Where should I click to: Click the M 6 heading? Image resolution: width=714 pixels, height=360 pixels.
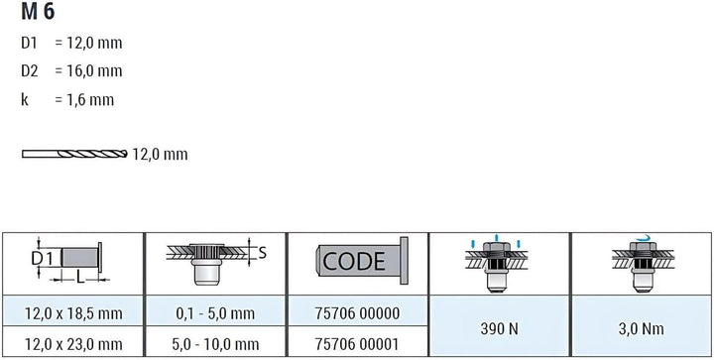pos(38,11)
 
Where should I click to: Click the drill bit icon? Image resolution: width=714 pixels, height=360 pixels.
pos(74,154)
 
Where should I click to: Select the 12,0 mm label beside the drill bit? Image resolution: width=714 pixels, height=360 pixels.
pos(160,155)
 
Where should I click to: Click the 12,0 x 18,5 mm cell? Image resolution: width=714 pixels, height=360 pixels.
pos(73,313)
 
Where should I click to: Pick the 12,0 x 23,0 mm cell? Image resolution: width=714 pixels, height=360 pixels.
pos(73,344)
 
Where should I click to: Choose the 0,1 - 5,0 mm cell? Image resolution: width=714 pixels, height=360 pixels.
pos(215,313)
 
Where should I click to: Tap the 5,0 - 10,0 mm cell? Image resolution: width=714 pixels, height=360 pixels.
pos(215,344)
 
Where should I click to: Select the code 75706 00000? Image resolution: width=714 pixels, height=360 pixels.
pos(357,313)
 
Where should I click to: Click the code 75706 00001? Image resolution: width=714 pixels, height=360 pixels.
pos(357,344)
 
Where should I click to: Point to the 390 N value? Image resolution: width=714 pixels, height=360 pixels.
pos(499,328)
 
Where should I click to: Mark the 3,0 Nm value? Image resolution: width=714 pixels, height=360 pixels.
pos(642,328)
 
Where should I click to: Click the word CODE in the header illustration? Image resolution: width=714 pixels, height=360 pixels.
pos(354,261)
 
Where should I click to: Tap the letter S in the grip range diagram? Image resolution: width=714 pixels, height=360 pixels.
pos(262,253)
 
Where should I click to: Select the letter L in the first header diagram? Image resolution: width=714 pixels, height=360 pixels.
pos(80,277)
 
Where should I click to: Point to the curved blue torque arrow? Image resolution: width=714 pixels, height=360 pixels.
pos(645,237)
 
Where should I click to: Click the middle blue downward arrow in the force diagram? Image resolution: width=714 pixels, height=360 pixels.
pos(497,238)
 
